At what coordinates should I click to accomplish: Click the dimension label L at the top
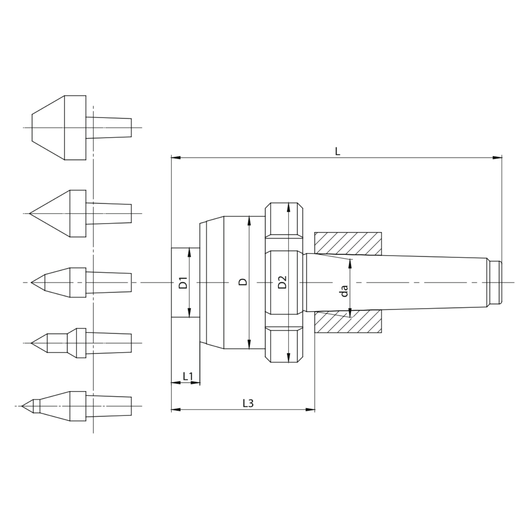[337, 151]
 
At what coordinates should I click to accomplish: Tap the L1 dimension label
[188, 376]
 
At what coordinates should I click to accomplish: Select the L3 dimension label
[248, 403]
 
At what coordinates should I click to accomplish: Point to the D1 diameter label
[183, 283]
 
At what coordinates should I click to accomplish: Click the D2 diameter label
[282, 282]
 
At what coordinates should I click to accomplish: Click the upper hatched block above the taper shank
[348, 243]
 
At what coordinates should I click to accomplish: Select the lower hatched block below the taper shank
[348, 321]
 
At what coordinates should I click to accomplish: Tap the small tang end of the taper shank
[495, 282]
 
